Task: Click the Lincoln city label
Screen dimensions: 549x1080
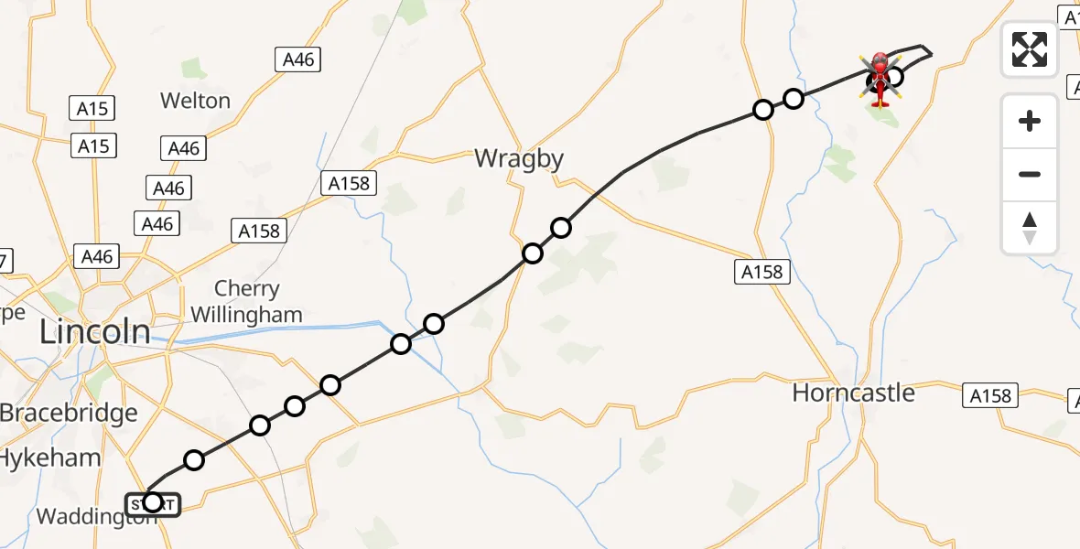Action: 95,331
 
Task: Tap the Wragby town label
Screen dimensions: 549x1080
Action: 519,159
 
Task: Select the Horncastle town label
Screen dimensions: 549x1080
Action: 853,393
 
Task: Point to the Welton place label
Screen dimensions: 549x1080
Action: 195,100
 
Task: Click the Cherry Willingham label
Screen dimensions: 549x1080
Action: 246,302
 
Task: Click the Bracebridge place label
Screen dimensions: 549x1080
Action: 69,413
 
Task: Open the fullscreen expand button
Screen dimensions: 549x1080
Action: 1030,49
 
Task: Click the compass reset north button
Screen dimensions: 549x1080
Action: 1030,228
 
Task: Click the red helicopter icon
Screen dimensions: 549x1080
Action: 880,79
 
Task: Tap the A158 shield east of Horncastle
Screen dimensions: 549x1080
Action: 991,395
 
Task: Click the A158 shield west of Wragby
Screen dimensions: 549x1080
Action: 350,183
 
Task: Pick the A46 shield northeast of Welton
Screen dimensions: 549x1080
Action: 298,60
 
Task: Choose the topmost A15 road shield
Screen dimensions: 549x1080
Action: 92,109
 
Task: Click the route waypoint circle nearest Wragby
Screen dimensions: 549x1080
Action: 561,227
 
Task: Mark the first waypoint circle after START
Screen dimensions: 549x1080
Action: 194,459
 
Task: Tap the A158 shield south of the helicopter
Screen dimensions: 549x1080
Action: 761,272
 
